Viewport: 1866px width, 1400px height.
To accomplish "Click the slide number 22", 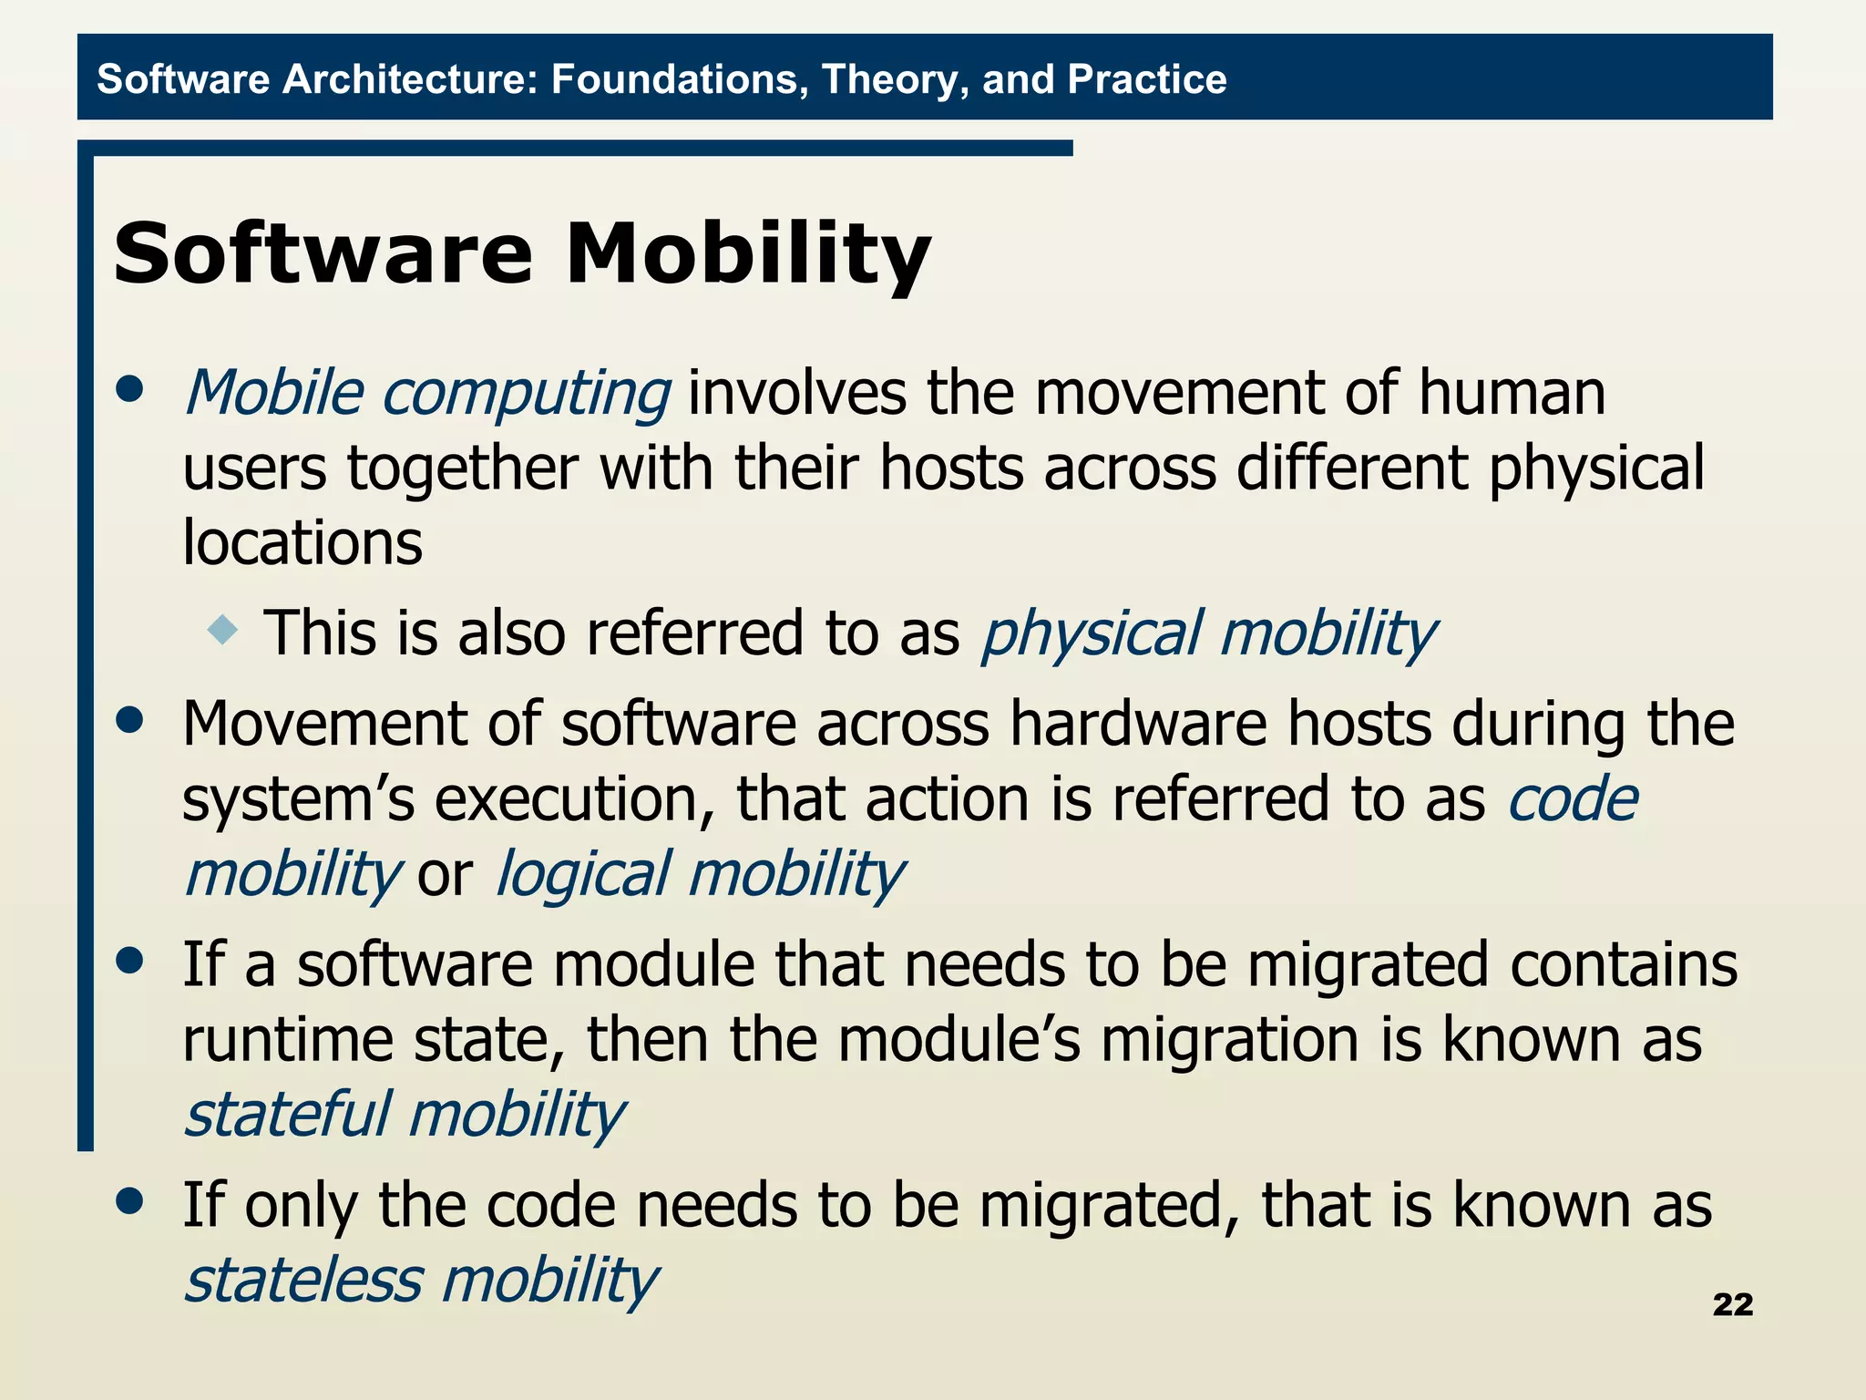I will [x=1732, y=1304].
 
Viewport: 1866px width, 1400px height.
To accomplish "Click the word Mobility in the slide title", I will [x=747, y=254].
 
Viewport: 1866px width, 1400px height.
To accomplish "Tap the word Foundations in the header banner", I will [x=680, y=79].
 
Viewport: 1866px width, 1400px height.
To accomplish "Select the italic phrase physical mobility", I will [x=1207, y=633].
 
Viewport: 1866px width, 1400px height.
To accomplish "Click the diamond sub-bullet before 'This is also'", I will [x=222, y=630].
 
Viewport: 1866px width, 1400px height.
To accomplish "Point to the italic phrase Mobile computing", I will [x=427, y=394].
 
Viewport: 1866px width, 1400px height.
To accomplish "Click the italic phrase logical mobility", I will [x=699, y=874].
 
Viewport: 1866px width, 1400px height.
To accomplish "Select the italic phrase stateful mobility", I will [x=404, y=1115].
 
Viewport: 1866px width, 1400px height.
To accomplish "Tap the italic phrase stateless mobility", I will [x=420, y=1281].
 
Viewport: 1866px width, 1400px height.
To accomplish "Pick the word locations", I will [x=302, y=543].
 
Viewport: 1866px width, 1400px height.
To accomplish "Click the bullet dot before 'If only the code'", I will [x=130, y=1200].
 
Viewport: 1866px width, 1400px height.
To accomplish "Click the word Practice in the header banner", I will [x=1146, y=79].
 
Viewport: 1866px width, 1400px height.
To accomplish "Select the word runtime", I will [x=288, y=1040].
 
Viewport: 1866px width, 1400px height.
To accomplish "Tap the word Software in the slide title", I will [x=323, y=254].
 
